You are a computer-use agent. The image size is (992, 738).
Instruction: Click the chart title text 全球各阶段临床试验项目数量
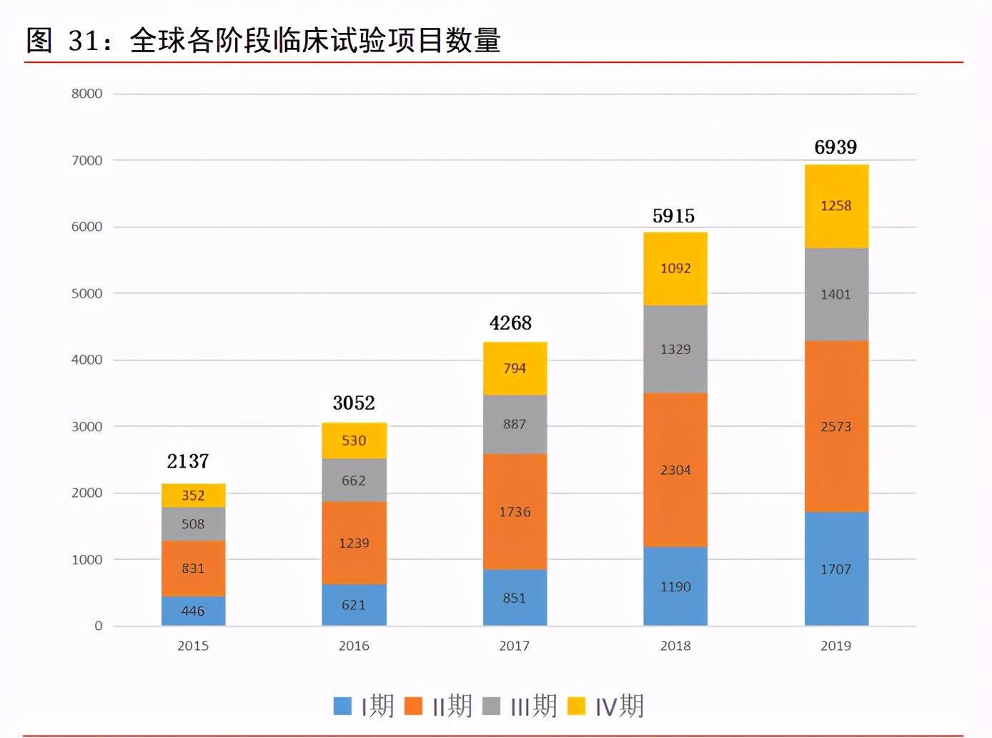[x=314, y=40]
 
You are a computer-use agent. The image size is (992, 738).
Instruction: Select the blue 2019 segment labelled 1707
[x=836, y=569]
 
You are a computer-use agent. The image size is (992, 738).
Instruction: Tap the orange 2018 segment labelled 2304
[x=675, y=470]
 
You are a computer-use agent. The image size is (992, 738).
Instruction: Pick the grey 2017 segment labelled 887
[x=515, y=424]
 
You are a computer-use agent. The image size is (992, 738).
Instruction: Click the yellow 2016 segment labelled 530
[x=354, y=441]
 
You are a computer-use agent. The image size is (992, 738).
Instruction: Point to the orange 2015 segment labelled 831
[x=193, y=569]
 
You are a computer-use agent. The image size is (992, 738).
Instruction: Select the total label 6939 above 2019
[x=835, y=147]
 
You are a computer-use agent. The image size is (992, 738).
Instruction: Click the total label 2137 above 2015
[x=188, y=461]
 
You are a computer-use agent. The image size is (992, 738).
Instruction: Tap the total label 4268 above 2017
[x=510, y=323]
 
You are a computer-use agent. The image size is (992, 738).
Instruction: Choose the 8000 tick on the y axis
[x=86, y=94]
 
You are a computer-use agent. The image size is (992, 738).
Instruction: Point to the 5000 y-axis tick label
[x=86, y=293]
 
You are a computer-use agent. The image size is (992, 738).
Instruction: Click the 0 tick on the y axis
[x=98, y=626]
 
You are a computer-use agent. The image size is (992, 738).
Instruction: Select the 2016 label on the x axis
[x=354, y=646]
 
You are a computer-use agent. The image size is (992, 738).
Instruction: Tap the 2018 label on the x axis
[x=675, y=646]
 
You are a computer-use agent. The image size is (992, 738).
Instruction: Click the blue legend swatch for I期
[x=342, y=706]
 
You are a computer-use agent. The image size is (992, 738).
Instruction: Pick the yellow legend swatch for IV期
[x=576, y=706]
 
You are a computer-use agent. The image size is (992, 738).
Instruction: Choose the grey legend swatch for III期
[x=491, y=706]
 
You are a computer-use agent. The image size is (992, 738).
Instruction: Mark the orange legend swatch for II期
[x=413, y=706]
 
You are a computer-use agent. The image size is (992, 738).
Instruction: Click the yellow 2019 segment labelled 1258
[x=836, y=206]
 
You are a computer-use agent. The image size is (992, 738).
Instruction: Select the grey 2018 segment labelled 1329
[x=675, y=349]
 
